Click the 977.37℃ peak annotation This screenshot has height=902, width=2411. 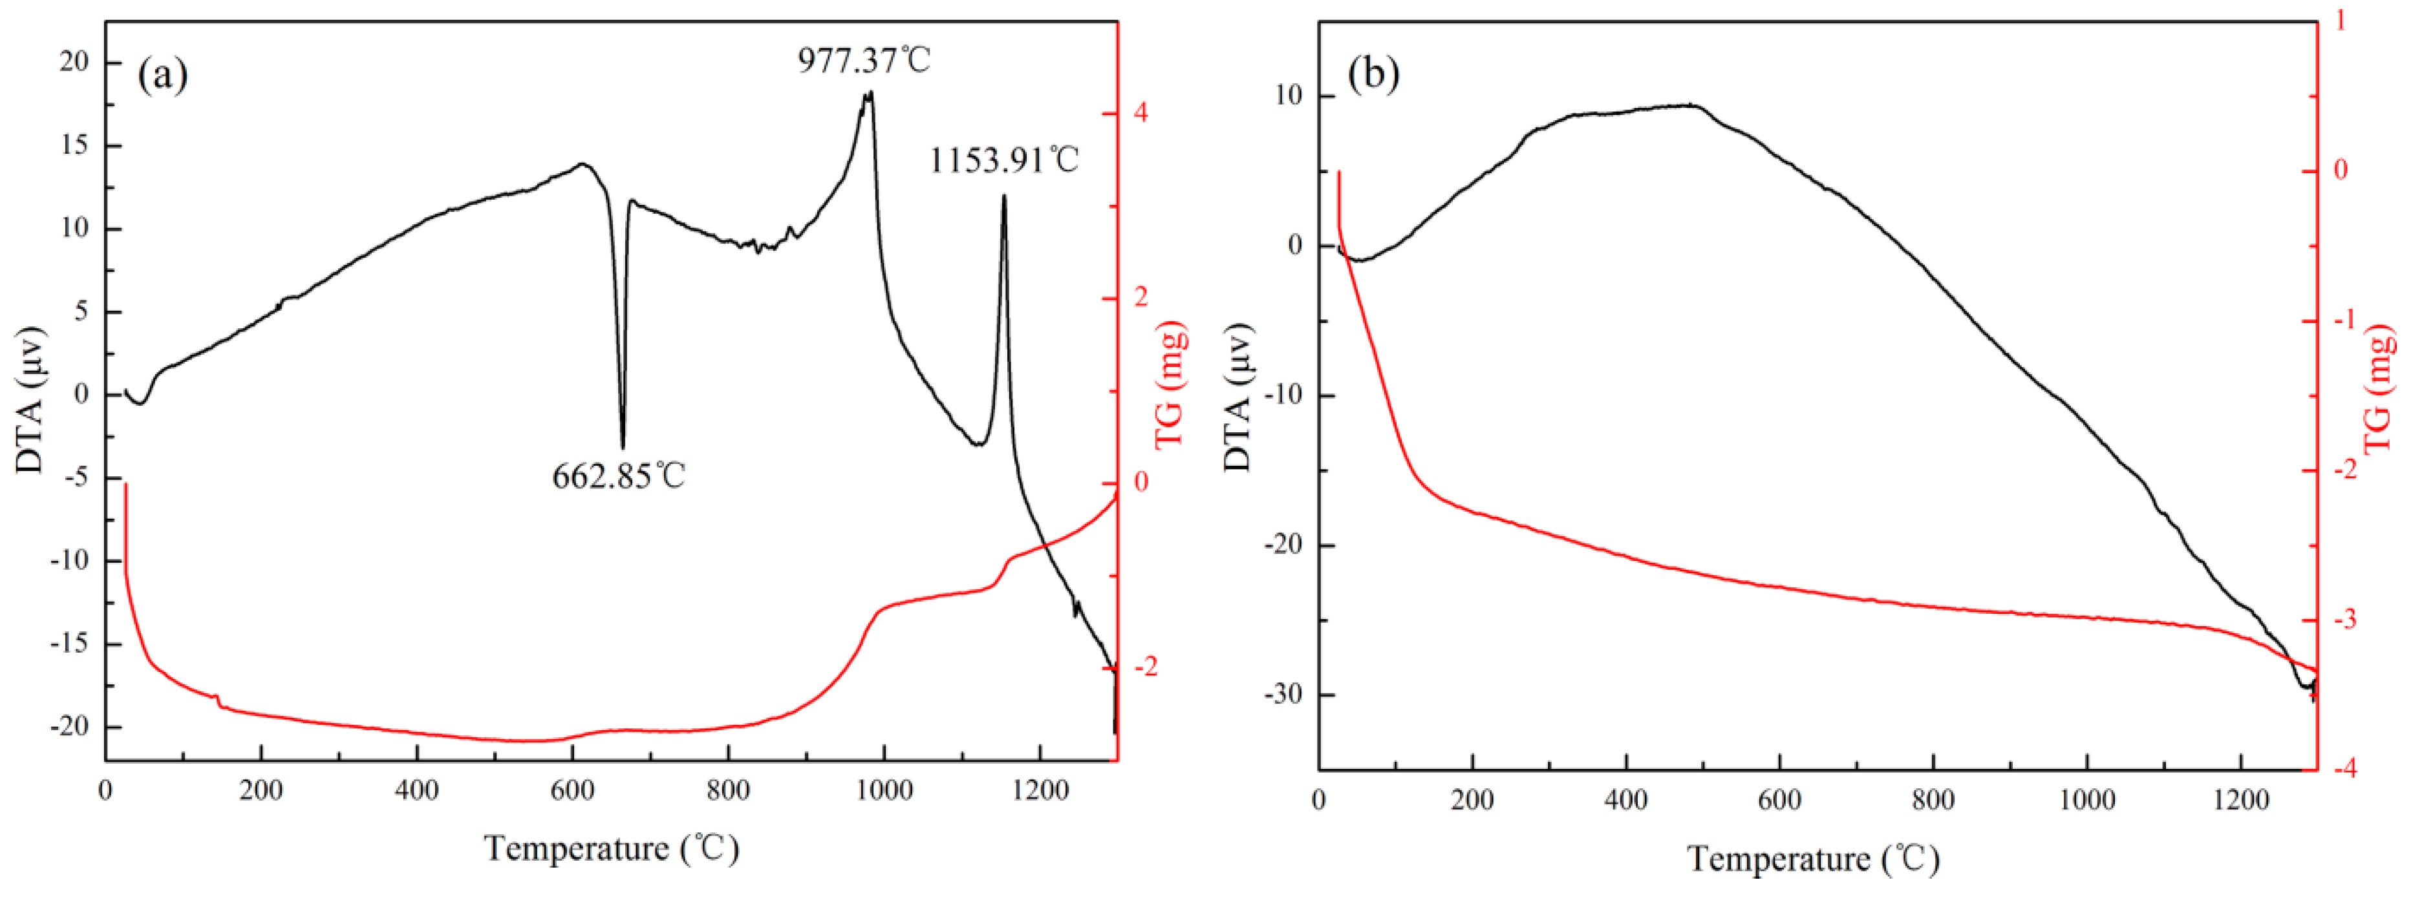point(864,61)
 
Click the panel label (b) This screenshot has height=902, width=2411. point(1373,73)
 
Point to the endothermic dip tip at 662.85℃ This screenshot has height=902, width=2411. point(623,447)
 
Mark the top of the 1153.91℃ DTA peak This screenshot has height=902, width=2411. point(1004,196)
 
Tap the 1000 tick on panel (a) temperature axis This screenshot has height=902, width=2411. point(884,792)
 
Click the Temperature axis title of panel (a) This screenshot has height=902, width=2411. point(611,848)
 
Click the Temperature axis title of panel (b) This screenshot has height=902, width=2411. point(1813,858)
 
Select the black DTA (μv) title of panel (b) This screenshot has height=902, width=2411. point(1238,397)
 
